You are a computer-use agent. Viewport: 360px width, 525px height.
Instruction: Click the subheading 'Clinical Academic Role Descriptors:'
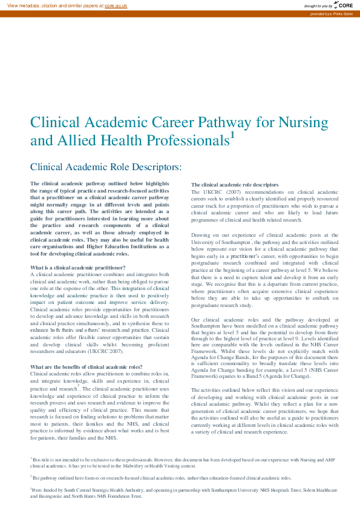click(106, 166)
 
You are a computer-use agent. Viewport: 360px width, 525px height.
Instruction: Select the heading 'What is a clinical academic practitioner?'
click(78, 267)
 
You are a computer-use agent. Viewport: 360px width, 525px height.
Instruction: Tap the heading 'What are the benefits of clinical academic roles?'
click(87, 366)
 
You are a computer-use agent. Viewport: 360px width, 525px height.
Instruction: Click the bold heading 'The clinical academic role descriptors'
click(235, 184)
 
